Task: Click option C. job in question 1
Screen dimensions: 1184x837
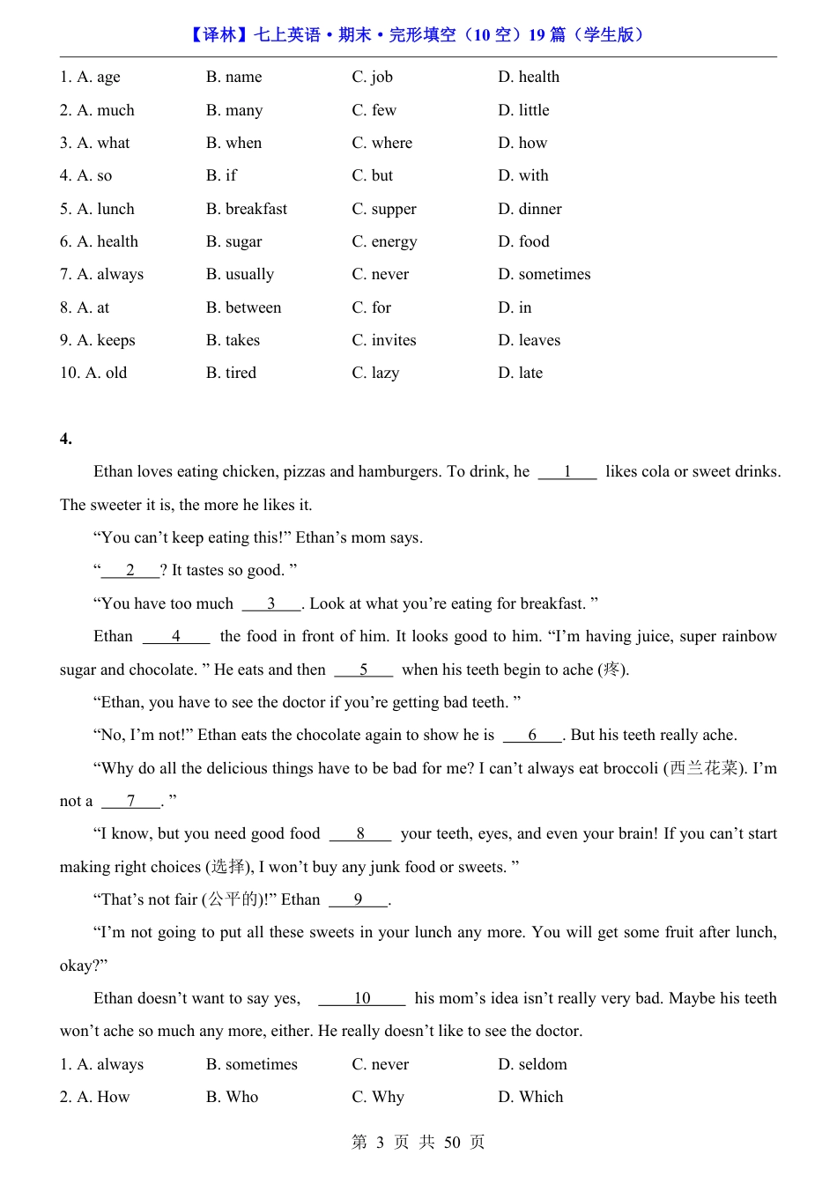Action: (372, 78)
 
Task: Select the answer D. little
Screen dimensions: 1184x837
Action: (523, 110)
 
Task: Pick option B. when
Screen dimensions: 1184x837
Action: (233, 143)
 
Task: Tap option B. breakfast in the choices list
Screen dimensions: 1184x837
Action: (247, 209)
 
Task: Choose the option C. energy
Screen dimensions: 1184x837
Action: (384, 241)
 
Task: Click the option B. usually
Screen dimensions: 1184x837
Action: (240, 274)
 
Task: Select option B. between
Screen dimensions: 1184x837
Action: (243, 307)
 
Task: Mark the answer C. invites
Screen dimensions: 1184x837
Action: (384, 340)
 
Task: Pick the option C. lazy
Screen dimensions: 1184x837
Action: (375, 373)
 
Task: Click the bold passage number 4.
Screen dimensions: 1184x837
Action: (66, 439)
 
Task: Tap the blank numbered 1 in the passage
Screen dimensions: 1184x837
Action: (567, 472)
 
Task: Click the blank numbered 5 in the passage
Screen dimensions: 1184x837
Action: (363, 670)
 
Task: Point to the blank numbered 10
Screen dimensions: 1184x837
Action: (362, 998)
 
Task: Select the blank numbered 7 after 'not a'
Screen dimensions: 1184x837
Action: (130, 801)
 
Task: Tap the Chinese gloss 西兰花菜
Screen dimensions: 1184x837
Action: (704, 768)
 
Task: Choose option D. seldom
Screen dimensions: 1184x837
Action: (532, 1064)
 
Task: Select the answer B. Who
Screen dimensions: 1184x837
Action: (232, 1097)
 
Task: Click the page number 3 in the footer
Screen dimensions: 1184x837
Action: (380, 1143)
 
